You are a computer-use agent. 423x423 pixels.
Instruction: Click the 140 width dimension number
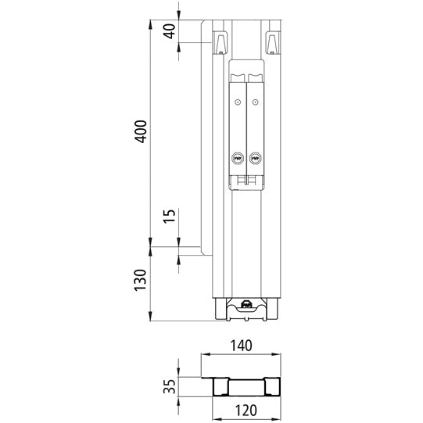[242, 344]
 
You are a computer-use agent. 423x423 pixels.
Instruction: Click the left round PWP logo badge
[237, 159]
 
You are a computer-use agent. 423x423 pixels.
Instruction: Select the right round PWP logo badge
[254, 159]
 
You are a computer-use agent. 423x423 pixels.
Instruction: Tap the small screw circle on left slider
[237, 102]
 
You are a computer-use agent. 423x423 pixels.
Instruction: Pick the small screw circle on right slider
[254, 102]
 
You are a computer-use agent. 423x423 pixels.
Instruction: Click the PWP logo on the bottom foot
[246, 306]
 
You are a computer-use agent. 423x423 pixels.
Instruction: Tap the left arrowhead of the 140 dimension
[206, 354]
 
